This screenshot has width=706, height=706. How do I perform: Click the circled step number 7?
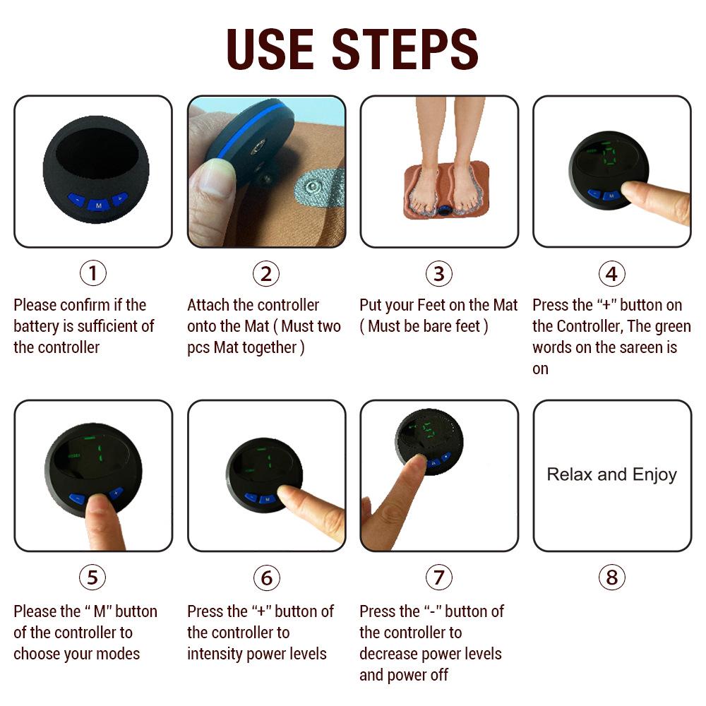pyautogui.click(x=438, y=578)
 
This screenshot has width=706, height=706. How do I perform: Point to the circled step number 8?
pyautogui.click(x=611, y=578)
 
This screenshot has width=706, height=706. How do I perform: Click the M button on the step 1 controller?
pyautogui.click(x=97, y=203)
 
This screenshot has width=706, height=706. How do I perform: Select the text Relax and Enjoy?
pyautogui.click(x=611, y=474)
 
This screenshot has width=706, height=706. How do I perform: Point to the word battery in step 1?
pyautogui.click(x=39, y=326)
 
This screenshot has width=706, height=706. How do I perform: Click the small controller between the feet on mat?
pyautogui.click(x=445, y=210)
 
